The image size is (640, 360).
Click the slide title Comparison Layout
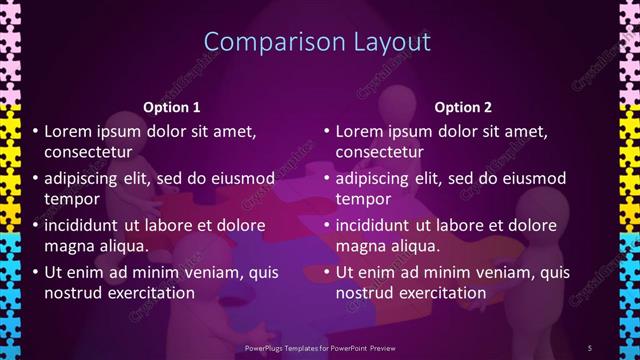point(317,41)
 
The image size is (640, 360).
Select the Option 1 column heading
point(172,107)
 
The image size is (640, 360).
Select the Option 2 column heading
point(464,107)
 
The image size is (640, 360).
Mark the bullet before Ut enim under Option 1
point(36,272)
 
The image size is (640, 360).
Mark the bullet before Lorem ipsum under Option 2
point(327,131)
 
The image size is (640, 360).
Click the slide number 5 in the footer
point(589,347)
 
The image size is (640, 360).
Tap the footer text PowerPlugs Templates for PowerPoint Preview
point(318,347)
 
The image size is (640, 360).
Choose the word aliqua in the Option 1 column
point(122,246)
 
